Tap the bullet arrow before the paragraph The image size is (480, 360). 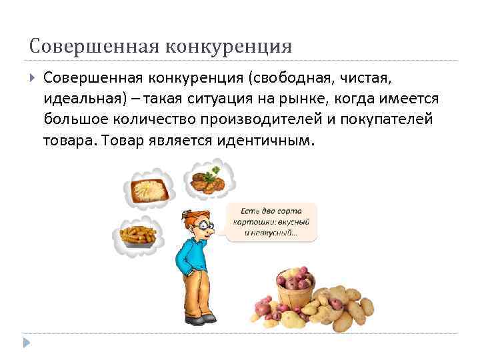33,79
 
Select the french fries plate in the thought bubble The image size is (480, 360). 138,235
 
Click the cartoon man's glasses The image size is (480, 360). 206,225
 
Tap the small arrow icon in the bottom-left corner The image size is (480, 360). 26,344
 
